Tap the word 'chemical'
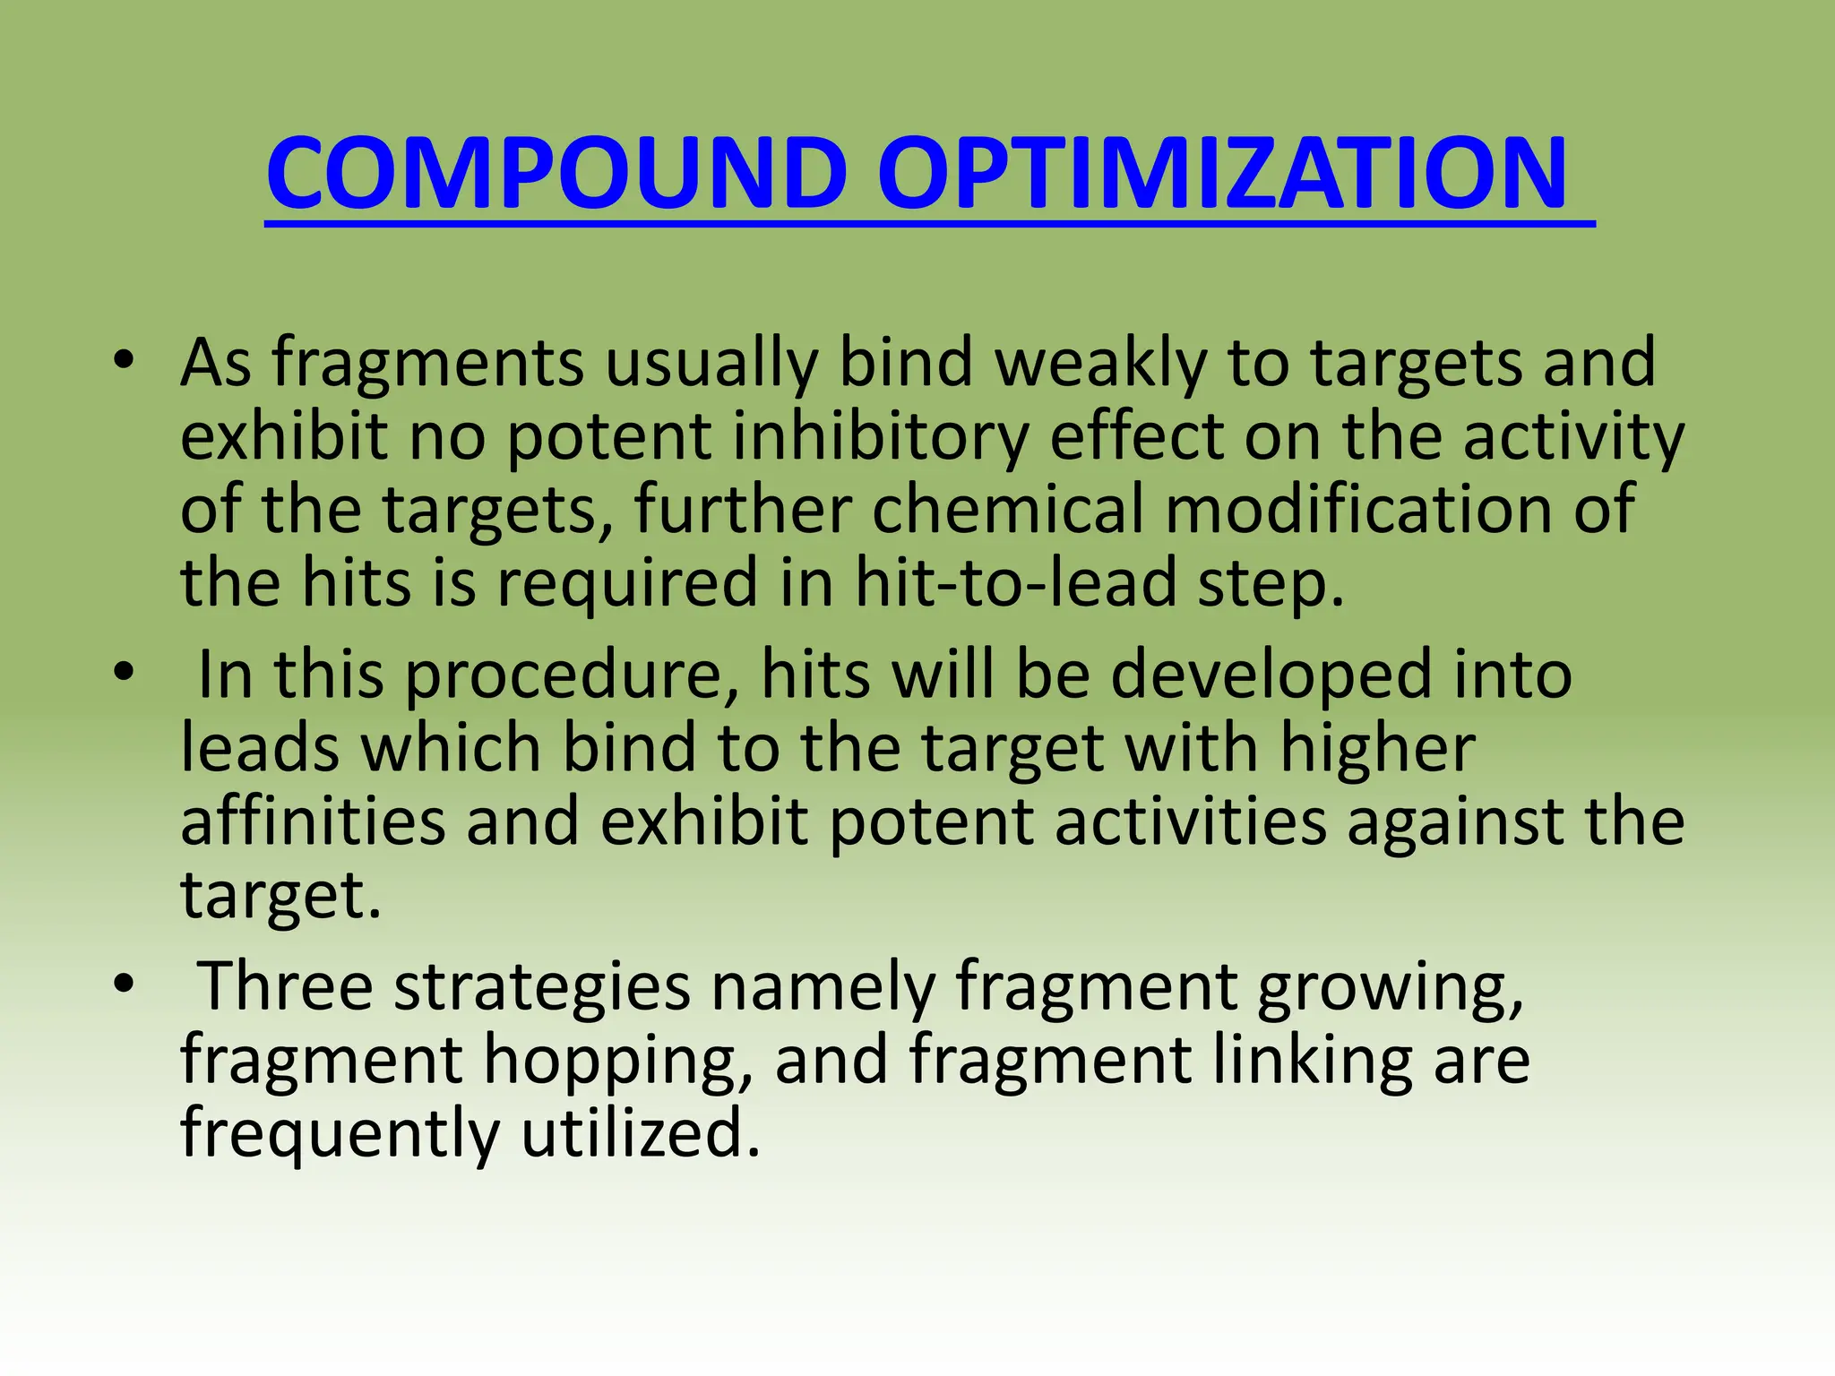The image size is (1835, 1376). (1007, 510)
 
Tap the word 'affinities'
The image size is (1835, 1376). (313, 821)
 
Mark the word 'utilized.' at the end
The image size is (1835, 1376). (641, 1133)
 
